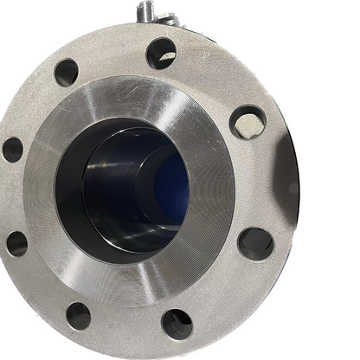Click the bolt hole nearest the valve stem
(x=160, y=53)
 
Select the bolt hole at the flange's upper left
(x=66, y=72)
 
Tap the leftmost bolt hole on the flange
(x=12, y=149)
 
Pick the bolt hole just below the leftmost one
(x=17, y=243)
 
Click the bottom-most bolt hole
(x=177, y=323)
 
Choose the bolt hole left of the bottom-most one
(x=79, y=314)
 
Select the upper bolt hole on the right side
(x=247, y=122)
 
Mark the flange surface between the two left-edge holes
(x=17, y=196)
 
